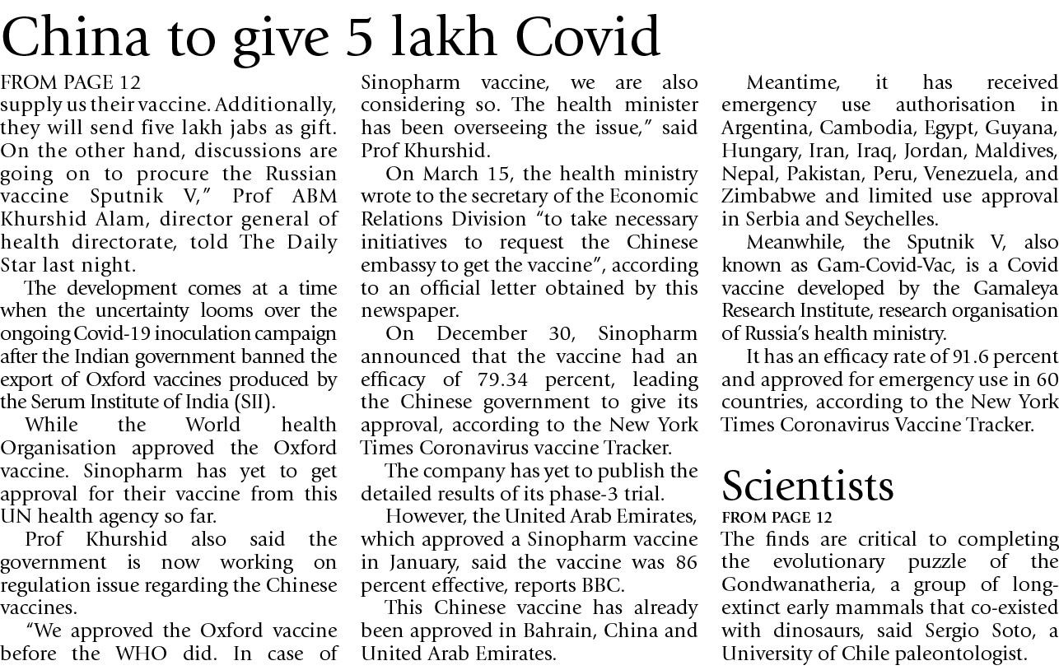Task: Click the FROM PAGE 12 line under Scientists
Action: coord(777,517)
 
